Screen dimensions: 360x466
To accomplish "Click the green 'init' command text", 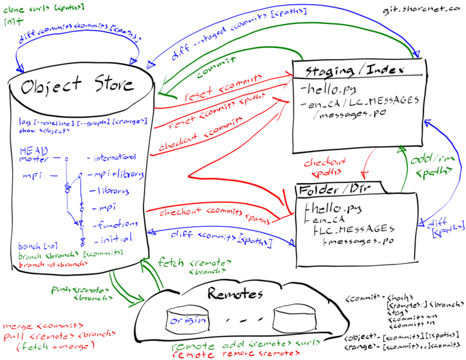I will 10,21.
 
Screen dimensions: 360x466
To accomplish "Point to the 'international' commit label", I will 112,157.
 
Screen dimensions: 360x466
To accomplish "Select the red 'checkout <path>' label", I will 325,167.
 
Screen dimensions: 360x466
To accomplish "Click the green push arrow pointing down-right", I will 126,290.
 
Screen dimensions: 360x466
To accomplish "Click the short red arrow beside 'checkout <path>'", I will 367,163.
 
